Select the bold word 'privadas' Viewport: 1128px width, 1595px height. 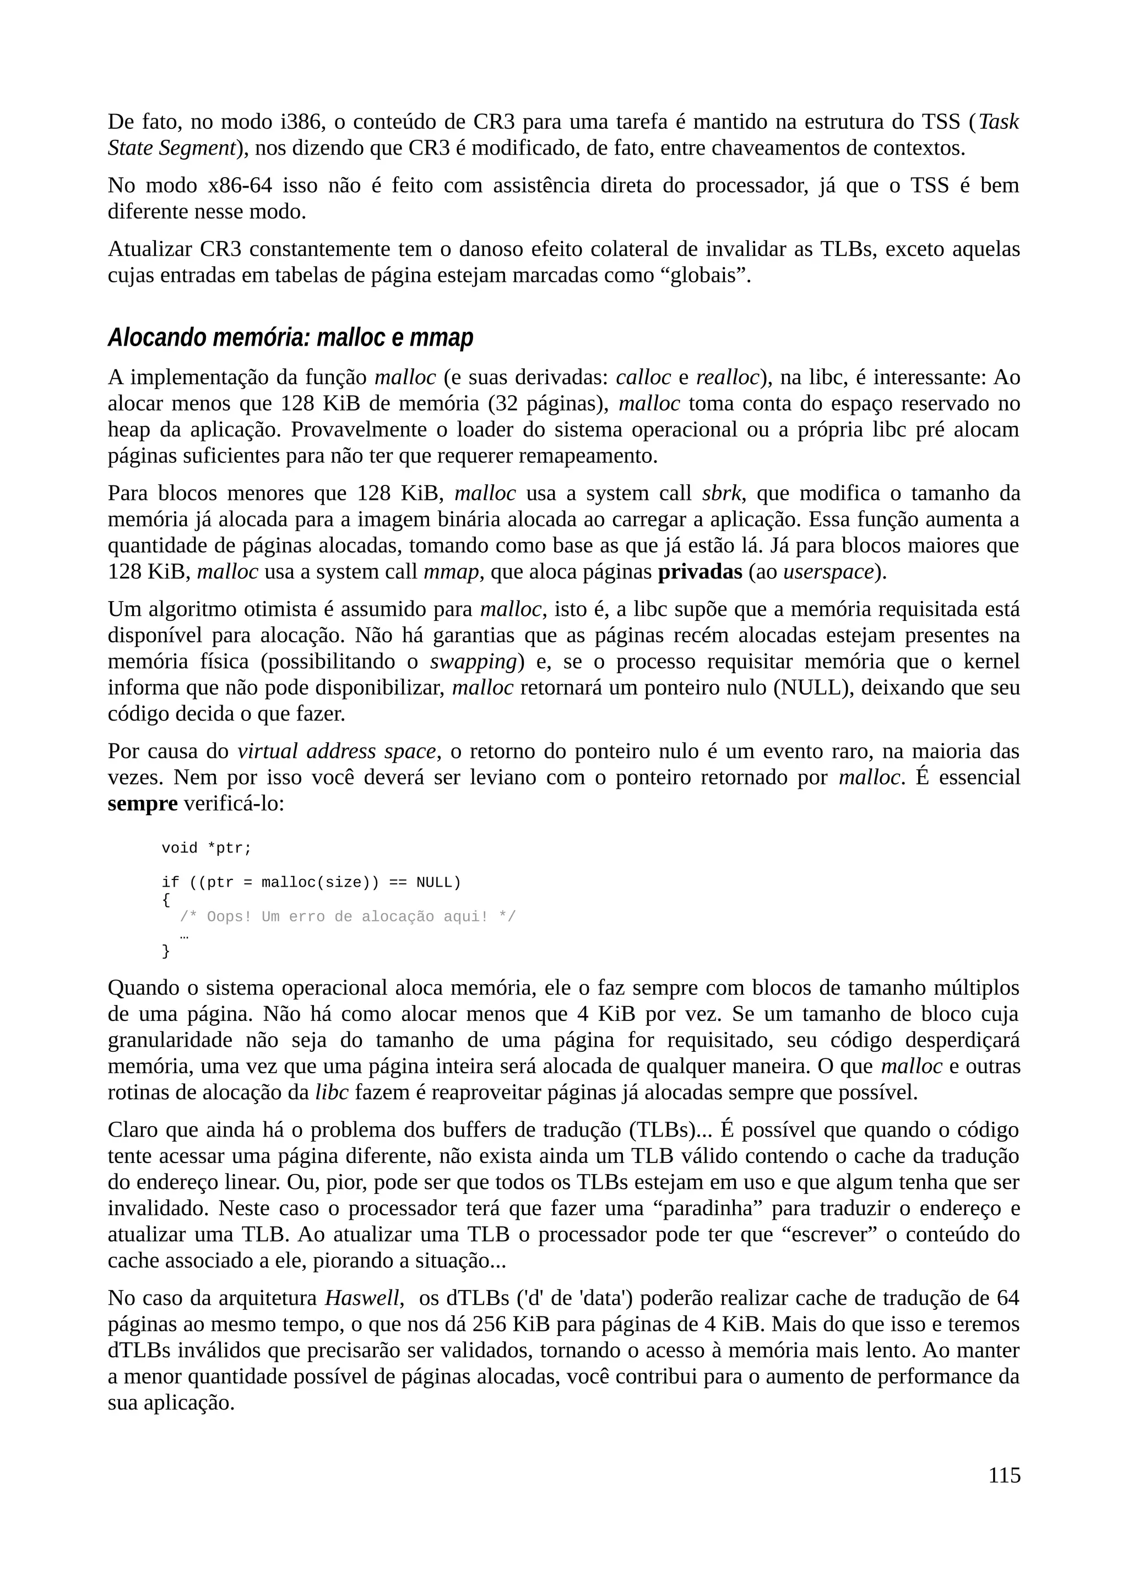pos(700,572)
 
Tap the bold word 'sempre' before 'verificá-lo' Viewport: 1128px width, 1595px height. pos(143,804)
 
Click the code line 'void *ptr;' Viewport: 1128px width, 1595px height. pos(207,848)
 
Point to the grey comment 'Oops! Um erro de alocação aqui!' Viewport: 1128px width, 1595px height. pos(348,917)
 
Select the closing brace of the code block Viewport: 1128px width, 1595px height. pos(165,951)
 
